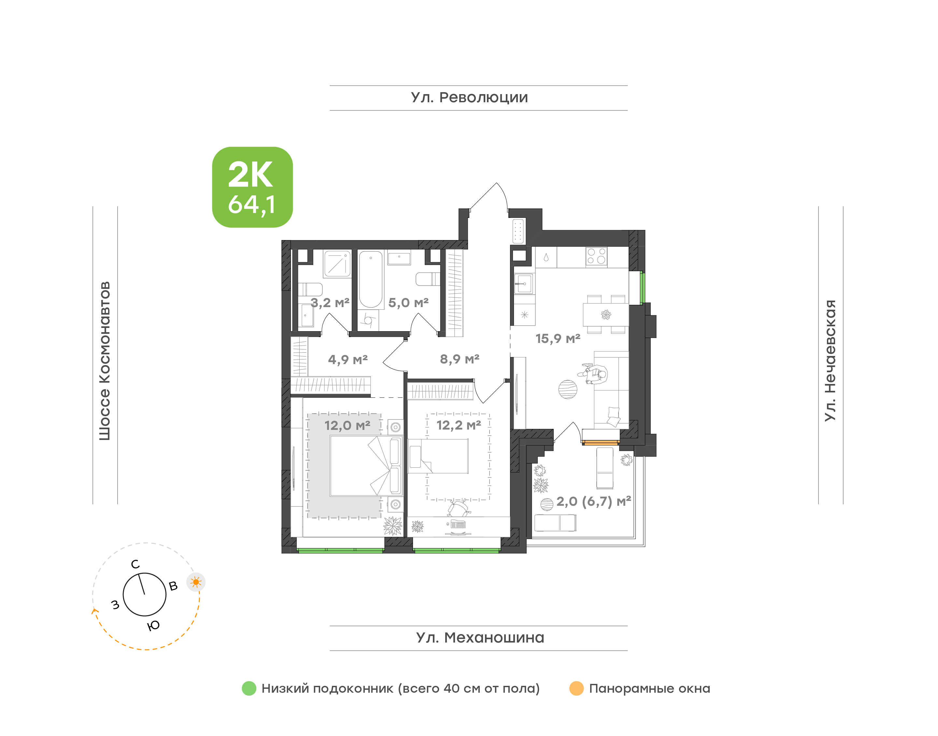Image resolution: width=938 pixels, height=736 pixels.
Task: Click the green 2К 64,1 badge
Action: click(252, 187)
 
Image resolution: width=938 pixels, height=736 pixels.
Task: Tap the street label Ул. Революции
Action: click(469, 98)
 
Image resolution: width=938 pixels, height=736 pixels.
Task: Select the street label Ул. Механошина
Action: click(480, 638)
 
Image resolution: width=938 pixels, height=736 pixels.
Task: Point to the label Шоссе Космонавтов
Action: click(105, 361)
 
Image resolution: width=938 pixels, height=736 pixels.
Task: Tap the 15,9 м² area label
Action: click(558, 339)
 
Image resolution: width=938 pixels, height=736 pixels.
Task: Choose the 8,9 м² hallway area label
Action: click(459, 359)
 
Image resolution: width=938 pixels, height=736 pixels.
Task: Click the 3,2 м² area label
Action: click(330, 303)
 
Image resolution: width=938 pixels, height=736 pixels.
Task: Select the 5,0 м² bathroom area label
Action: click(408, 303)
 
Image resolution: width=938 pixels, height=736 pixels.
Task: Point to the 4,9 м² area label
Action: click(348, 360)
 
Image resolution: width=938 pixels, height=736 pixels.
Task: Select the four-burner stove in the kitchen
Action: click(596, 256)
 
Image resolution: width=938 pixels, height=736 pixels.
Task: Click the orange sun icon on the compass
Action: click(196, 582)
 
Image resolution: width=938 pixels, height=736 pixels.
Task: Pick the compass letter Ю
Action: click(153, 626)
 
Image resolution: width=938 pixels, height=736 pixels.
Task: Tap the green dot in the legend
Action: click(249, 688)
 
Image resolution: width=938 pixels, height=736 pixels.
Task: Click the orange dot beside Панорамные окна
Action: click(576, 688)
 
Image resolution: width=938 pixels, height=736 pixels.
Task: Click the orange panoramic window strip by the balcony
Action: click(601, 442)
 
